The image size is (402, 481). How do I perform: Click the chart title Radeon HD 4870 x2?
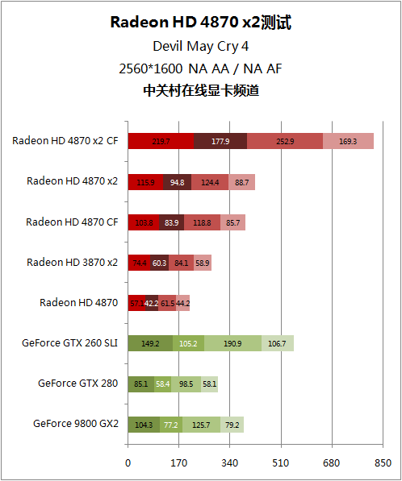point(200,23)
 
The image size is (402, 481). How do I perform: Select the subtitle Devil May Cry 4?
point(200,46)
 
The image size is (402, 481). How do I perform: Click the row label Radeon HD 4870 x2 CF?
point(65,140)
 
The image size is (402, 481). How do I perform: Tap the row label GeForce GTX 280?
point(77,383)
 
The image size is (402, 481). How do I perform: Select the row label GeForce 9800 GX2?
point(75,423)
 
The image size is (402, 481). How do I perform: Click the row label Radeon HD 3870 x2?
point(72,262)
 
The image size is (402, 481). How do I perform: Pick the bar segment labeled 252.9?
point(285,141)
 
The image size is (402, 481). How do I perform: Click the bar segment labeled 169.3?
point(348,141)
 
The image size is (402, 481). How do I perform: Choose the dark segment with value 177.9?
point(220,141)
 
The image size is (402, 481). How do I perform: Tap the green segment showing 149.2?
point(150,343)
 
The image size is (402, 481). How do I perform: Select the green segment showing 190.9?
point(232,343)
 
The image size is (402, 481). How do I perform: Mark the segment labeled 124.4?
point(210,182)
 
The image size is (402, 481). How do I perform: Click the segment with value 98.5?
point(186,384)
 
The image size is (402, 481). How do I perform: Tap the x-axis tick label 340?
point(230,463)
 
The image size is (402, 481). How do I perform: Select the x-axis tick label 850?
point(383,463)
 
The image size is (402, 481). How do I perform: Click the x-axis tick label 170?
point(179,463)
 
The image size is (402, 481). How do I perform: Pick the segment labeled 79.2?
point(232,424)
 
